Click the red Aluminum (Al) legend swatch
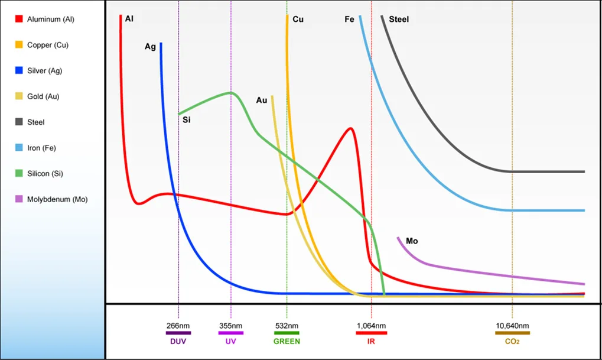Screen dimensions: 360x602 [x=18, y=20]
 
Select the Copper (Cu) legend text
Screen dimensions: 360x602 [x=48, y=45]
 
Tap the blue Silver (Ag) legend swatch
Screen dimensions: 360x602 [x=18, y=71]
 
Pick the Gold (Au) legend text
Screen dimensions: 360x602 [x=43, y=96]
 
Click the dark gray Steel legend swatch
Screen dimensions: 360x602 [x=18, y=122]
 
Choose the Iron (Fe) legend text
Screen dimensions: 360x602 [x=41, y=148]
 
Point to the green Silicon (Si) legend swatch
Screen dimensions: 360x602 [x=18, y=174]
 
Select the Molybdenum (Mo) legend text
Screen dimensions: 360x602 [x=57, y=199]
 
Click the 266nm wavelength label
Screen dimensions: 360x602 [x=178, y=326]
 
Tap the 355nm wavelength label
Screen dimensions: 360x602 [x=230, y=326]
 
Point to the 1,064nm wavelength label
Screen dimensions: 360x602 [x=372, y=326]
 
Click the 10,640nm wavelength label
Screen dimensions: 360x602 [x=512, y=326]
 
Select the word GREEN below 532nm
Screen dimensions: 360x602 [x=287, y=341]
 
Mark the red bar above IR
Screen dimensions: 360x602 [x=372, y=333]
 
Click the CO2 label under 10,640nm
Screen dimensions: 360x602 [x=512, y=341]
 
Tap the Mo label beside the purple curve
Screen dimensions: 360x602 [x=412, y=241]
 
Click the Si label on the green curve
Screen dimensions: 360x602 [x=186, y=121]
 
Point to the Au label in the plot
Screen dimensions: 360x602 [x=262, y=100]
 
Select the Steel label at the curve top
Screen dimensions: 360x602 [x=399, y=20]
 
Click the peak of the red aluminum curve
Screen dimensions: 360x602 [x=351, y=128]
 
